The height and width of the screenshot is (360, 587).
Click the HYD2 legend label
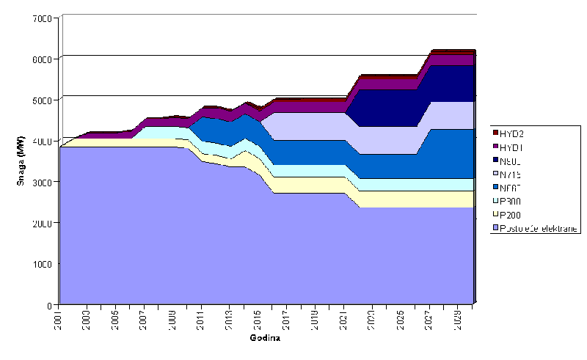coord(512,133)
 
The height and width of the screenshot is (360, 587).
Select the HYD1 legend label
coord(512,147)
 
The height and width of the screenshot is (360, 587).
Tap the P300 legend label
coord(512,200)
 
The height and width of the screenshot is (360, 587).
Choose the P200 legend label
coord(512,214)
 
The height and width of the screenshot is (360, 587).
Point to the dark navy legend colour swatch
coord(496,161)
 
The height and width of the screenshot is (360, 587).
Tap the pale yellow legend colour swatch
coord(496,214)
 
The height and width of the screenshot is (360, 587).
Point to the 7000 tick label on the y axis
coord(42,18)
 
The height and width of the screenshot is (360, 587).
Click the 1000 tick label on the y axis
coord(42,264)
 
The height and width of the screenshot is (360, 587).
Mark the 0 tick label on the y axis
coord(51,304)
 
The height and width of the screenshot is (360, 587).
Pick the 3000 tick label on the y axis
coord(42,182)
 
